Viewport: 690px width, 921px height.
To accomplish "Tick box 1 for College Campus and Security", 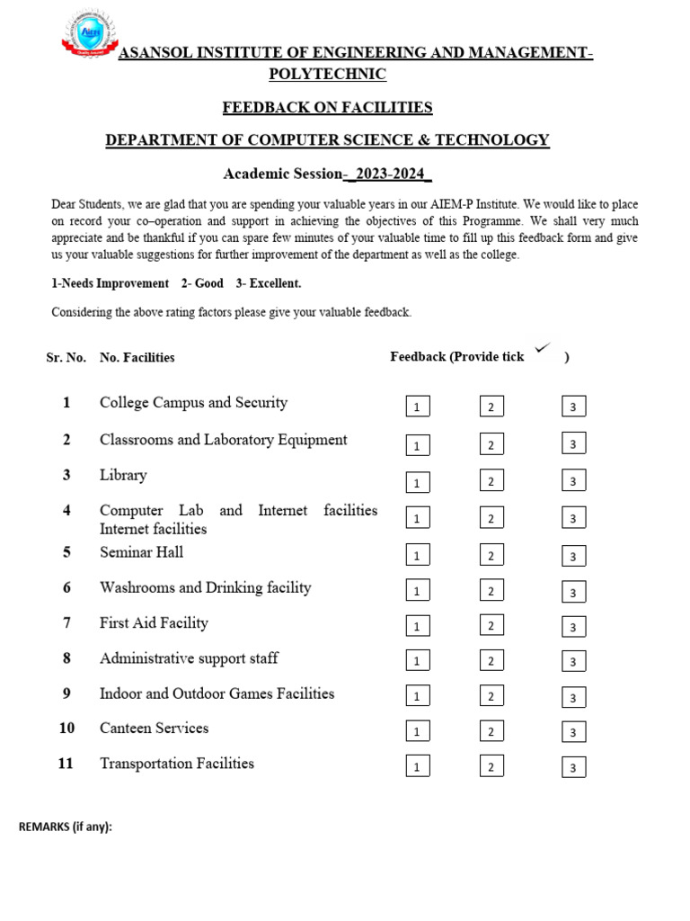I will tap(417, 407).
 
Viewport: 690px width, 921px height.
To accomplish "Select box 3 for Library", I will tap(573, 481).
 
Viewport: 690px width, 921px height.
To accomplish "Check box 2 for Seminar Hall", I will tap(491, 555).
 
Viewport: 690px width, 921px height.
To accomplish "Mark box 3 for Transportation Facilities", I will tap(573, 767).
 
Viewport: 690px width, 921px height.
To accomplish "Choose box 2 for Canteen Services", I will tap(491, 730).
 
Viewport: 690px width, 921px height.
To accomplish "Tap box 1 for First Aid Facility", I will tap(417, 626).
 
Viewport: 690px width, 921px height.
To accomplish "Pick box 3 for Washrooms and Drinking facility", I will tap(573, 592).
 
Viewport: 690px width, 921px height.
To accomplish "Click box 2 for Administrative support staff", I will tap(491, 661).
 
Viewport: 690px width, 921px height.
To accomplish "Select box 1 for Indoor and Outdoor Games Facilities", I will tap(417, 696).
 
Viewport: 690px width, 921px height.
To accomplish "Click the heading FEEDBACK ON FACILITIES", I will tap(327, 108).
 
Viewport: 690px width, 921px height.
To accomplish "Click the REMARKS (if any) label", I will tap(66, 827).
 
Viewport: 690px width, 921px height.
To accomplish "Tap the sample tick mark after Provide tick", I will tap(542, 348).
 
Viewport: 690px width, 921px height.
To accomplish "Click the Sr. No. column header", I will tap(66, 357).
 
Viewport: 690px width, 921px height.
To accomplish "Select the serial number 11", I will tap(66, 764).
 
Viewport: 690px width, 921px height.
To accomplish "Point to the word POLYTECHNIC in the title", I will tap(327, 74).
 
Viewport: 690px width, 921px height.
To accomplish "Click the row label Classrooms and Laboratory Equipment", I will tap(223, 440).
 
